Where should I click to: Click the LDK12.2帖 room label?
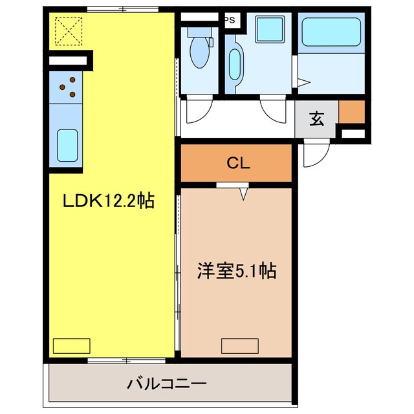108,201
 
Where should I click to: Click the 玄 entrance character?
316,119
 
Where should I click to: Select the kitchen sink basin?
67,145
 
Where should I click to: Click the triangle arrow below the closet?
245,193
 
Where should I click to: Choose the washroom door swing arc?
274,111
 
